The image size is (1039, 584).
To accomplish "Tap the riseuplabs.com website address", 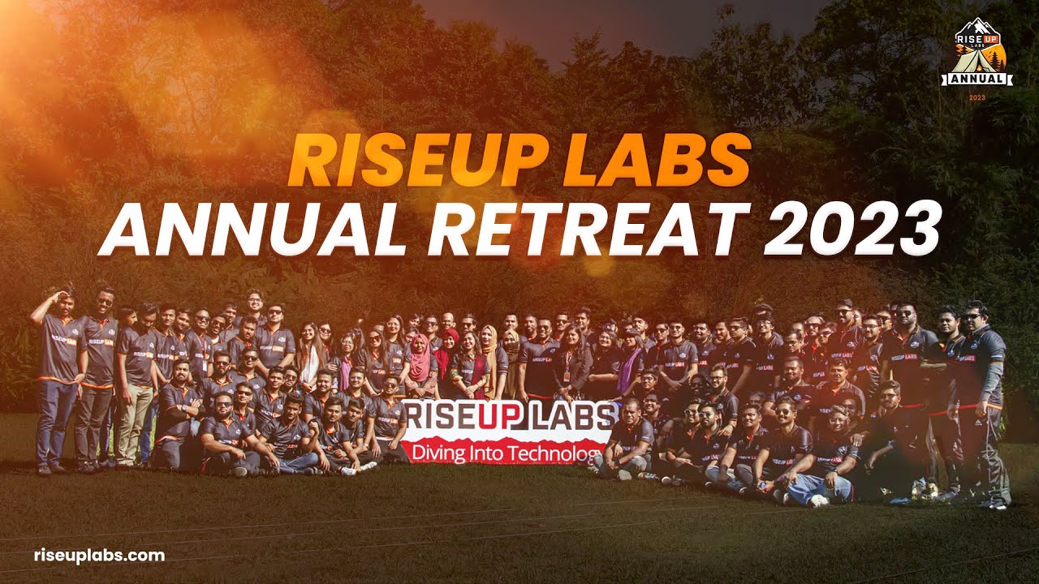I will point(99,556).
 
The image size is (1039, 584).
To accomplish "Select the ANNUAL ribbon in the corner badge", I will point(977,79).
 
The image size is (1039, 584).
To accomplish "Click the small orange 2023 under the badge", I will point(977,97).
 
